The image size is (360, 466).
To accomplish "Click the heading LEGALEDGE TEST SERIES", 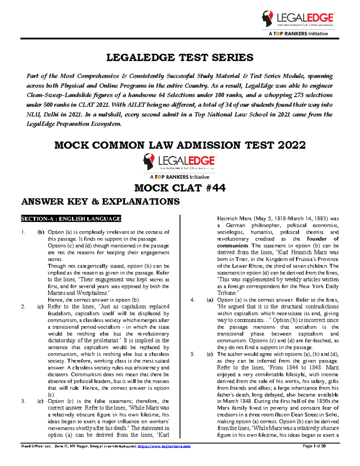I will pos(180,58).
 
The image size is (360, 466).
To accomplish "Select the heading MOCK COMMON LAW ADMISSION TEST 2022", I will pos(180,145).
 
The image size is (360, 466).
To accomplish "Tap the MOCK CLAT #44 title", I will pos(180,188).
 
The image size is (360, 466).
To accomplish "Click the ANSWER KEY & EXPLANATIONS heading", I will pos(100,201).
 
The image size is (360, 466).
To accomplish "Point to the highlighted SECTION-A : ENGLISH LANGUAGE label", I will pos(71,219).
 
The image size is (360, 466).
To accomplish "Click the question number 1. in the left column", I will pos(23,232).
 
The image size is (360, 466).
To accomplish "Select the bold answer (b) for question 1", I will pos(40,232).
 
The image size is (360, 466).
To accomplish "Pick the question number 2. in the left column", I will pos(23,306).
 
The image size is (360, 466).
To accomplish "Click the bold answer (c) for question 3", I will pos(40,401).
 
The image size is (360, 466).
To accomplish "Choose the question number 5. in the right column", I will pos(193,354).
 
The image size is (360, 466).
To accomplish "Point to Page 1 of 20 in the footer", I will pos(314,446).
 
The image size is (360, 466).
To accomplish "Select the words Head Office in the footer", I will pos(29,446).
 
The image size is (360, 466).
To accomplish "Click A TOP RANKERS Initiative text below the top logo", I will pos(298,34).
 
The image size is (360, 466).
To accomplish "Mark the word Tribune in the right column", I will pos(226,293).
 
